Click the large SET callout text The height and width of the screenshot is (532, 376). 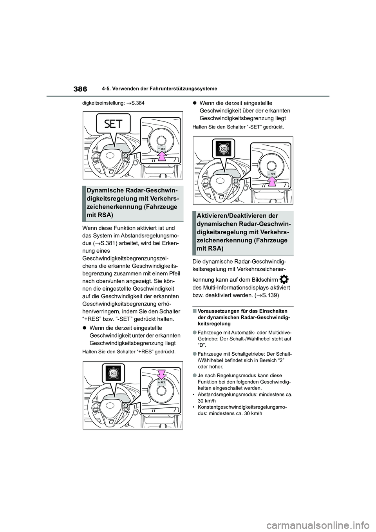[113, 125]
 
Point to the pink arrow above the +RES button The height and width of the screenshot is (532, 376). [161, 375]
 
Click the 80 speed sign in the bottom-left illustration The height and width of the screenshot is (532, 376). [114, 374]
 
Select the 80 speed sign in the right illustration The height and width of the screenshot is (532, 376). [223, 149]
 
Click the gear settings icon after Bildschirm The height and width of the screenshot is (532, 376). [285, 280]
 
